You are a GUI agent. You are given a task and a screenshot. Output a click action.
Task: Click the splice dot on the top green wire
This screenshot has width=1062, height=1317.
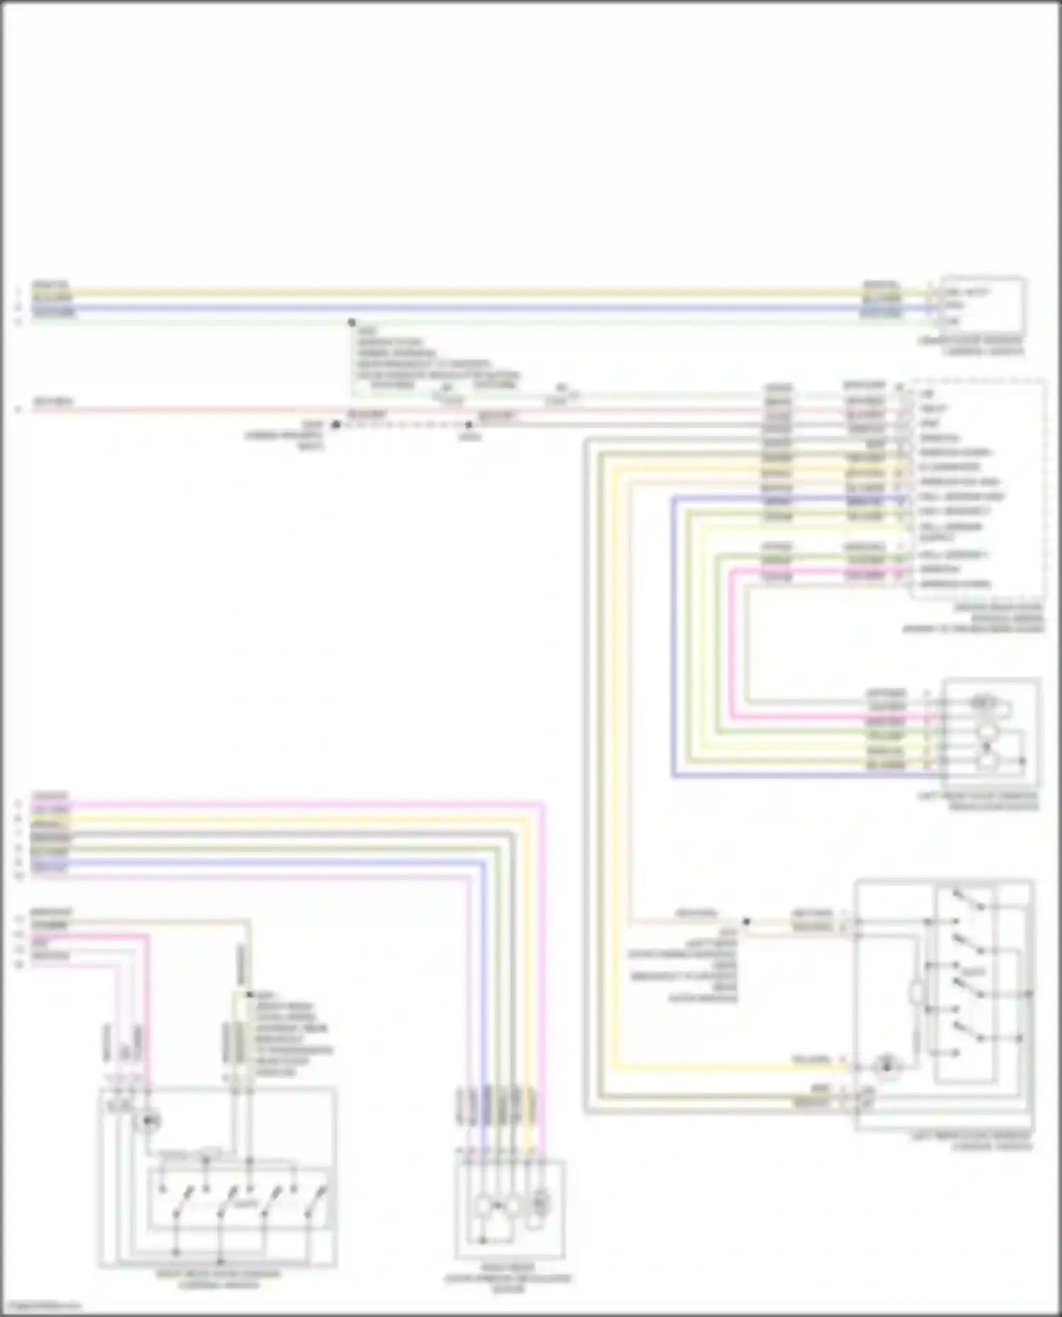(x=352, y=323)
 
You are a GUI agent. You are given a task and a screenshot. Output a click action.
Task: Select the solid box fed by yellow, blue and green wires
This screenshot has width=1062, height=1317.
(x=982, y=306)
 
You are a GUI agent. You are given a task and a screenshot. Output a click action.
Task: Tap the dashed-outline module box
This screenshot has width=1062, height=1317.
(x=977, y=488)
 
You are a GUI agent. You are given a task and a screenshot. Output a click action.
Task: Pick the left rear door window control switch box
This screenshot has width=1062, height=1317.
(x=944, y=1005)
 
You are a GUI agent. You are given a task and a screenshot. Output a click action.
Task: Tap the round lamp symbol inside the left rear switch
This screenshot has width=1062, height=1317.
(x=886, y=1066)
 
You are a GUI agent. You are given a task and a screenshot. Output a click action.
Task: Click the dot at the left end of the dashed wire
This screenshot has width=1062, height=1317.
(x=336, y=425)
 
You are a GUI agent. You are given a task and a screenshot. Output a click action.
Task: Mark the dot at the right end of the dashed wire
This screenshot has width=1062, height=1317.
(x=469, y=425)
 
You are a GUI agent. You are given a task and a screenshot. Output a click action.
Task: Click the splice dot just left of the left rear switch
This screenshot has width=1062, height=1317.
(x=746, y=922)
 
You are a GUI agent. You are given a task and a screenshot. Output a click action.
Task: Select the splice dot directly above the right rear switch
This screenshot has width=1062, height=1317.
(x=249, y=995)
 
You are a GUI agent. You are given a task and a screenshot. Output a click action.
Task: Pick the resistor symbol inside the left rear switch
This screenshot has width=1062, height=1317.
(x=917, y=994)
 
